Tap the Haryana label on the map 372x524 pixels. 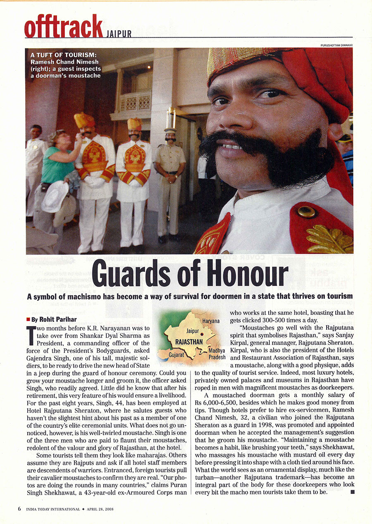(x=211, y=321)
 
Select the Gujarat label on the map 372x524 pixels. (x=176, y=355)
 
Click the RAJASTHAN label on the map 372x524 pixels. (x=189, y=342)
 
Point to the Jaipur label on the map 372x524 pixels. (x=193, y=331)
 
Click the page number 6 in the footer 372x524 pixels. (x=19, y=509)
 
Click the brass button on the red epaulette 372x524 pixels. (x=306, y=212)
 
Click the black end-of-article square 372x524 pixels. (x=352, y=492)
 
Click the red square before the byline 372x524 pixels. (x=28, y=319)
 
